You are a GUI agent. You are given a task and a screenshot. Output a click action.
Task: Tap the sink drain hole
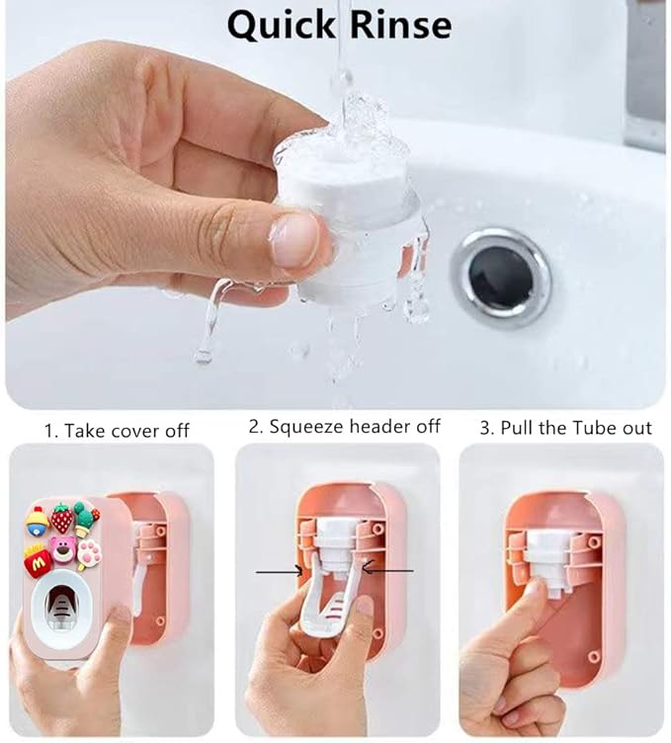[501, 275]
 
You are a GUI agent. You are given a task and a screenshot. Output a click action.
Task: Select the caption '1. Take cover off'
[117, 431]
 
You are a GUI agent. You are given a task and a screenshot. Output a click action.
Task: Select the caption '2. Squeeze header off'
[344, 427]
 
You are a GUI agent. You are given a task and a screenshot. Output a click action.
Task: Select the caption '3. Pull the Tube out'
[565, 427]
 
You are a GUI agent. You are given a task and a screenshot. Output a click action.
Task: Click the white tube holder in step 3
[548, 558]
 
